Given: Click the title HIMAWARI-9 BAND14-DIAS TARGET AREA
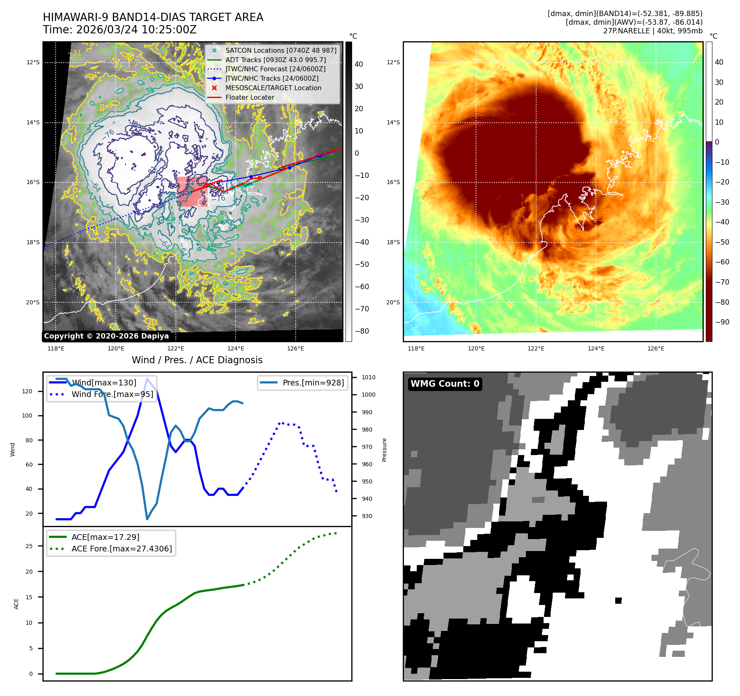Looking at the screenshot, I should (153, 17).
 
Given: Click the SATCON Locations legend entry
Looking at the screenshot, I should (280, 50).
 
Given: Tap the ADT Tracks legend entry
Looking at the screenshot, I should (275, 60).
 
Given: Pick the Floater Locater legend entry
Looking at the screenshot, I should (250, 97).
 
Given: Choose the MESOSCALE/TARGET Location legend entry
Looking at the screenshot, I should (273, 88).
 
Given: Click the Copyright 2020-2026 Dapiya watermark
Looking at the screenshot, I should (106, 336).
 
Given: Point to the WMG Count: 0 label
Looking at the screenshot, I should (445, 384).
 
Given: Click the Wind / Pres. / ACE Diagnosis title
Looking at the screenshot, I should (197, 360).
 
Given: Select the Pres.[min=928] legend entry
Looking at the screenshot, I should (313, 383).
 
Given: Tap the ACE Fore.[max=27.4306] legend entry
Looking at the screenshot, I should (121, 549).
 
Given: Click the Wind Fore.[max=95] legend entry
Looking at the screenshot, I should (112, 394).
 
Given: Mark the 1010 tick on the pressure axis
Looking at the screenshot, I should (368, 377).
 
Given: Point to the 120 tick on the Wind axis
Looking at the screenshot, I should (27, 391).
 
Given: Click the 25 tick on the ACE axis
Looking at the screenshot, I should (29, 546).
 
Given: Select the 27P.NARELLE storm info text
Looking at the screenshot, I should (652, 31).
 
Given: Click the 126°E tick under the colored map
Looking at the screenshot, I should (656, 348).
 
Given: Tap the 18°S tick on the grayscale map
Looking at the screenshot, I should (33, 242).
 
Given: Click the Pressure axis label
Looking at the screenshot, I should (384, 450).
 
